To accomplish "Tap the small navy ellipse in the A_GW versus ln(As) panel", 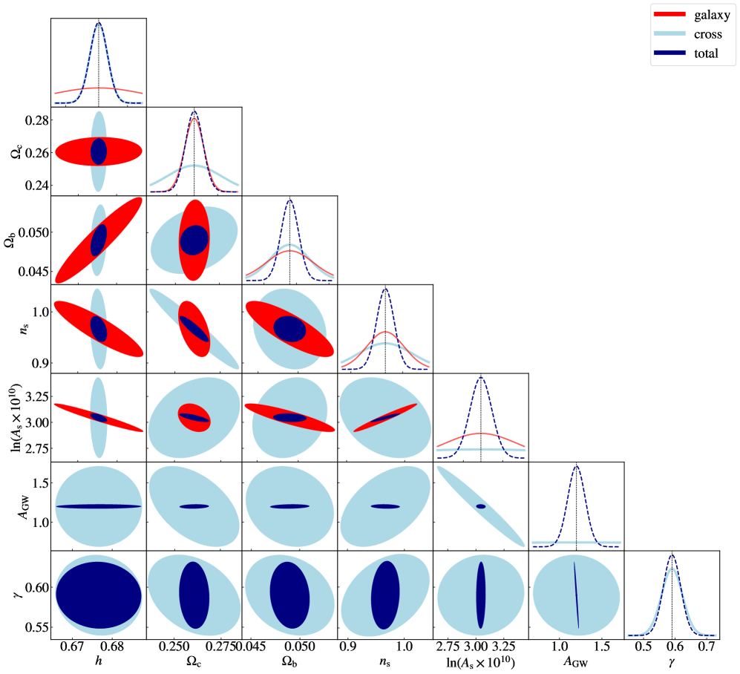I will (481, 506).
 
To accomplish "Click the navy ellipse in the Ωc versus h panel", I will (99, 151).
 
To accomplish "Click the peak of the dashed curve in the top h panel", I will (99, 23).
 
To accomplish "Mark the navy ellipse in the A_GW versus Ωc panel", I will (194, 506).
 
